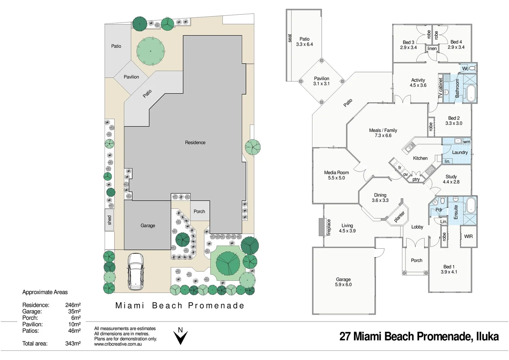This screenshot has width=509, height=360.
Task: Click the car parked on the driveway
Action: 136,271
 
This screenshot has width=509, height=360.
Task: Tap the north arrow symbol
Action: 180,336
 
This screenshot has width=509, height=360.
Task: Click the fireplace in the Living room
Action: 322,227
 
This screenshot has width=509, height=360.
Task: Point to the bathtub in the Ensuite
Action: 471,205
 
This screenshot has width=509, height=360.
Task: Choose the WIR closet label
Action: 468,236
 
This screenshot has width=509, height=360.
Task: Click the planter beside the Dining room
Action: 399,216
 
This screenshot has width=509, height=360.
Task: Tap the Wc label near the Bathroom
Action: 465,69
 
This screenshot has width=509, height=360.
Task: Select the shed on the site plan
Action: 109,220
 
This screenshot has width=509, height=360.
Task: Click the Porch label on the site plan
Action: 199,211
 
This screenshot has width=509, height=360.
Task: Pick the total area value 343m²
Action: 73,343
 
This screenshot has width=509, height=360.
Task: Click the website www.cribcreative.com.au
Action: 118,344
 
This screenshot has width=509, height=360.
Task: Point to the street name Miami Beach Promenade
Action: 180,305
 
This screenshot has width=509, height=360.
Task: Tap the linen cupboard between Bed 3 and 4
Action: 432,49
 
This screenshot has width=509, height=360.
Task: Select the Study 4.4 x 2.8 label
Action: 451,179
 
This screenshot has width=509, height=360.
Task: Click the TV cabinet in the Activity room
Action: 440,88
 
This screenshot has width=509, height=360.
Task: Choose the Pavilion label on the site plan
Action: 131,77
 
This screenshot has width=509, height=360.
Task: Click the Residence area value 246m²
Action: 73,305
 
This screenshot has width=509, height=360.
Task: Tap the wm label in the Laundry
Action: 467,142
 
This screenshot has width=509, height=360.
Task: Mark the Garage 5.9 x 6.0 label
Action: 343,282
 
